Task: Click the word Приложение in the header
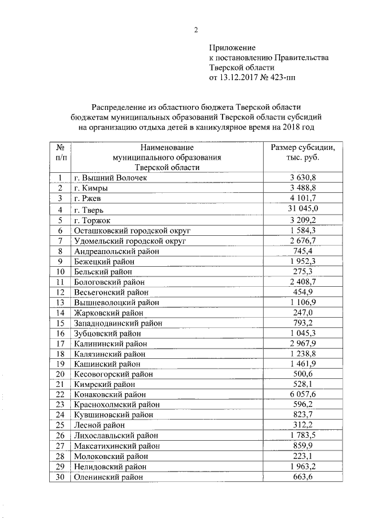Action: coord(232,48)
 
